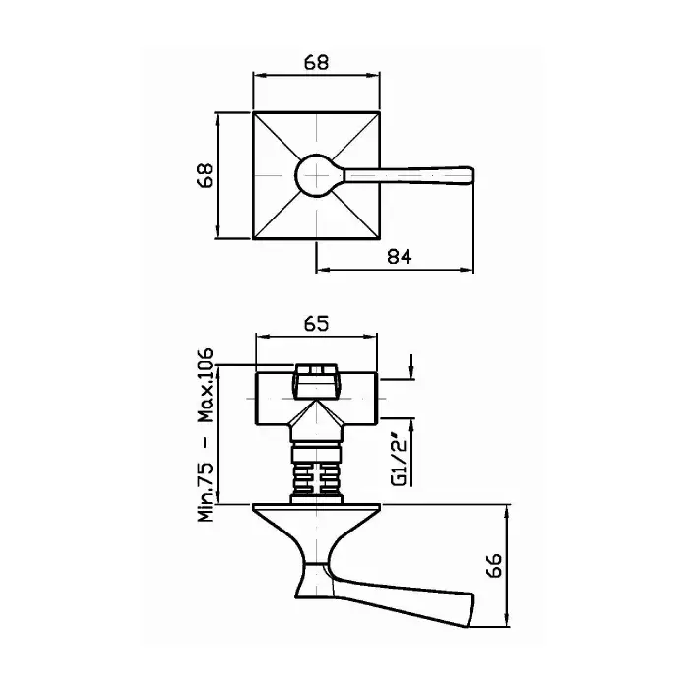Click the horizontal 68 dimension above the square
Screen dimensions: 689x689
click(316, 62)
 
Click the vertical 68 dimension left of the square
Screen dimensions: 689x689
click(205, 175)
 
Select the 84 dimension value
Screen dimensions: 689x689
click(400, 257)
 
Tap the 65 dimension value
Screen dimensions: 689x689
click(316, 324)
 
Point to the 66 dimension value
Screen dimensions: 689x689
click(494, 565)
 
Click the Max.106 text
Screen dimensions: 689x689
click(205, 386)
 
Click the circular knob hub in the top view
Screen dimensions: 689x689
click(316, 175)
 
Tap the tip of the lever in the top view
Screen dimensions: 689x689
click(472, 175)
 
